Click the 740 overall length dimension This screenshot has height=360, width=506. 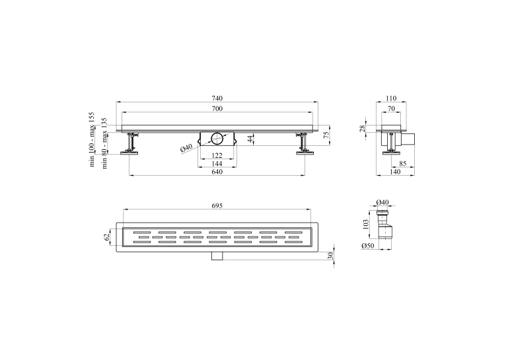(217, 98)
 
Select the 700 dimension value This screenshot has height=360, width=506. (217, 108)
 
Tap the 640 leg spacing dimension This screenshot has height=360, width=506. (217, 172)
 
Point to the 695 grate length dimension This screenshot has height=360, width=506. (217, 205)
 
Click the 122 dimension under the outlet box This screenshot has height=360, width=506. (217, 155)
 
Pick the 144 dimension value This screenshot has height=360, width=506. (217, 164)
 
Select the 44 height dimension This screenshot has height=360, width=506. (251, 139)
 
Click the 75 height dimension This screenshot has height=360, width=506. (326, 134)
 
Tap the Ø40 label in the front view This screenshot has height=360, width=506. (186, 148)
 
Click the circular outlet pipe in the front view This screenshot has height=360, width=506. (217, 139)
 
